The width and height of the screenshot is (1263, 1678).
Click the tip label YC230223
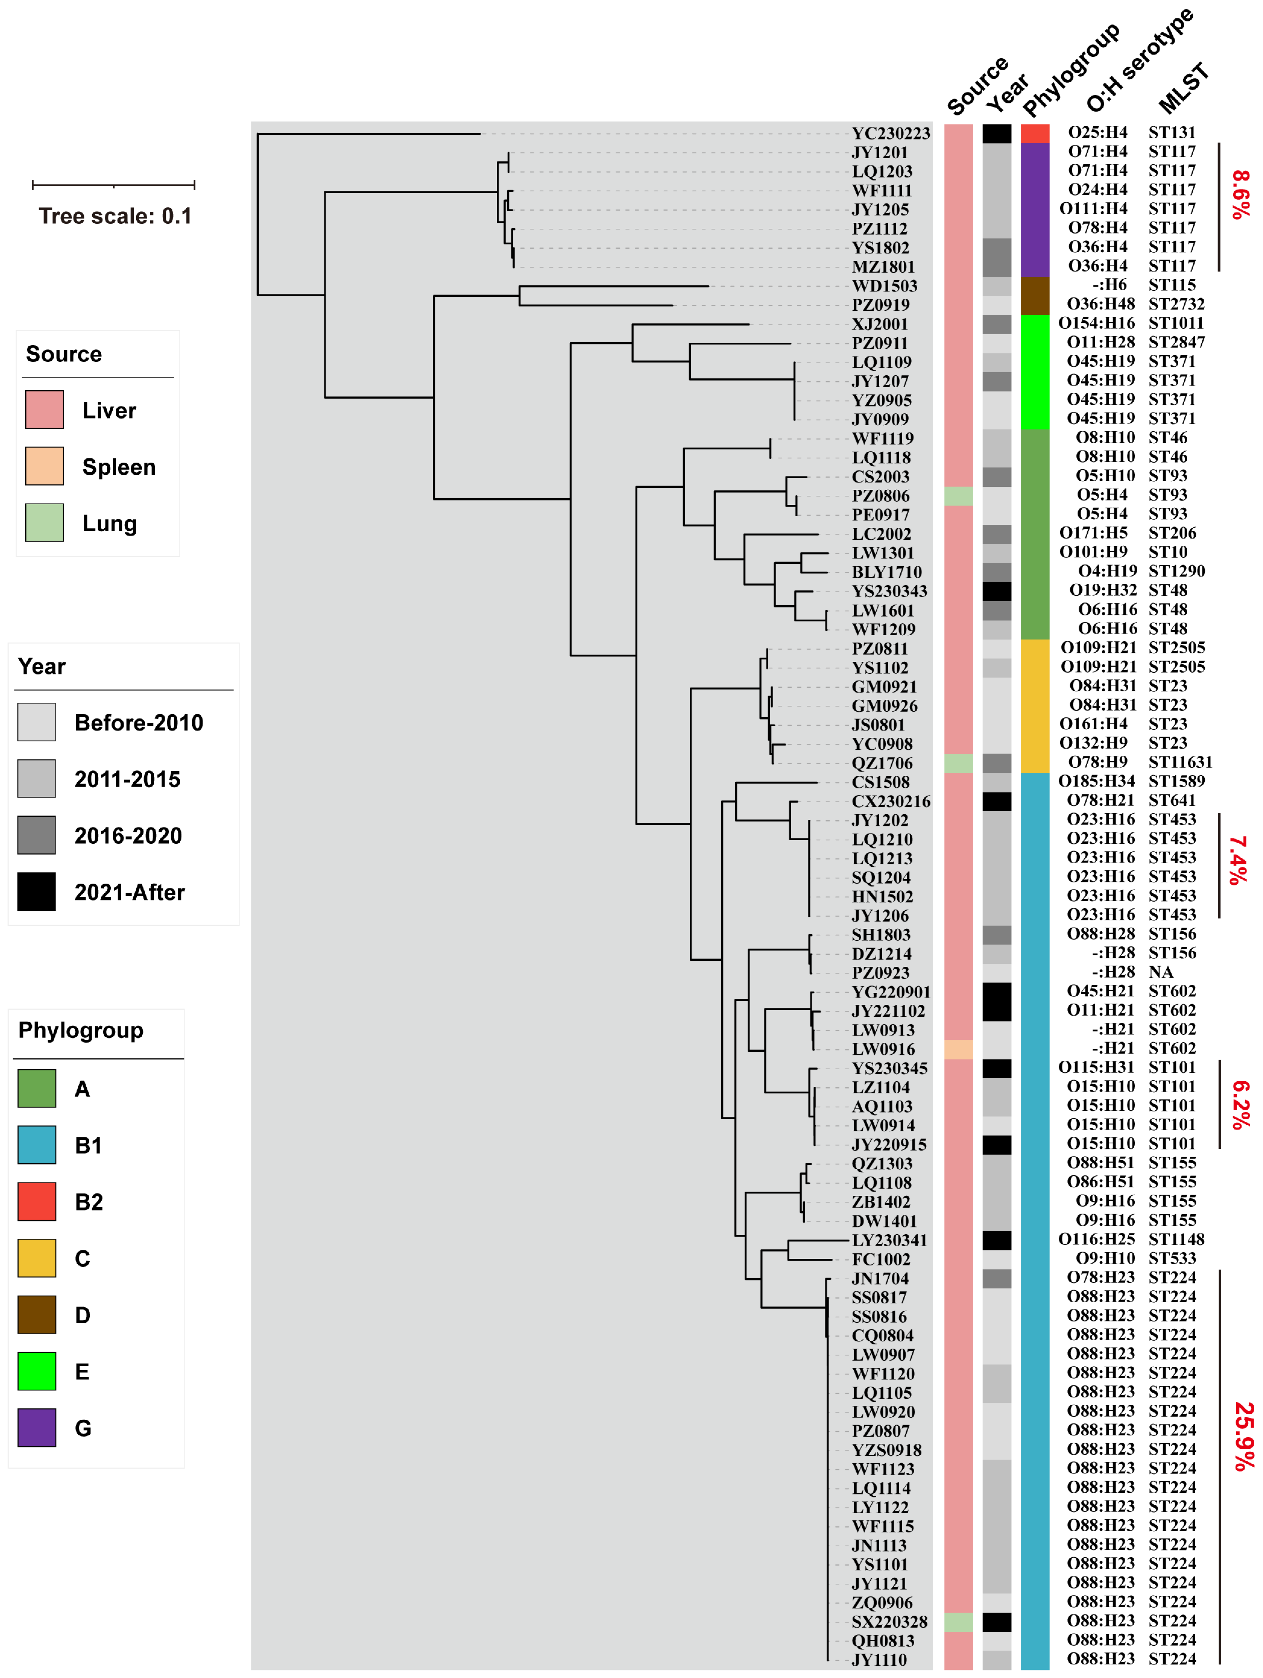point(890,134)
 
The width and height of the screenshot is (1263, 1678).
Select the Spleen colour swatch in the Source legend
point(44,466)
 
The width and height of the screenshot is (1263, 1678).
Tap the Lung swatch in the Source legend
point(44,523)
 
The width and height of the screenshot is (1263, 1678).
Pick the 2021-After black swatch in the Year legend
point(36,891)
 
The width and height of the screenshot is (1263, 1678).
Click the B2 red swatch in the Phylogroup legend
point(36,1201)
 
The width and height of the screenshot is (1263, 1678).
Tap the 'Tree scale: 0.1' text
point(115,216)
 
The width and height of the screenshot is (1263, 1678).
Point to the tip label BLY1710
point(886,572)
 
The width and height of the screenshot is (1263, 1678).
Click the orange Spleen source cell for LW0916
point(958,1049)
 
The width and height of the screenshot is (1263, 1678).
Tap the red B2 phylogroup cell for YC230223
point(1035,134)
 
